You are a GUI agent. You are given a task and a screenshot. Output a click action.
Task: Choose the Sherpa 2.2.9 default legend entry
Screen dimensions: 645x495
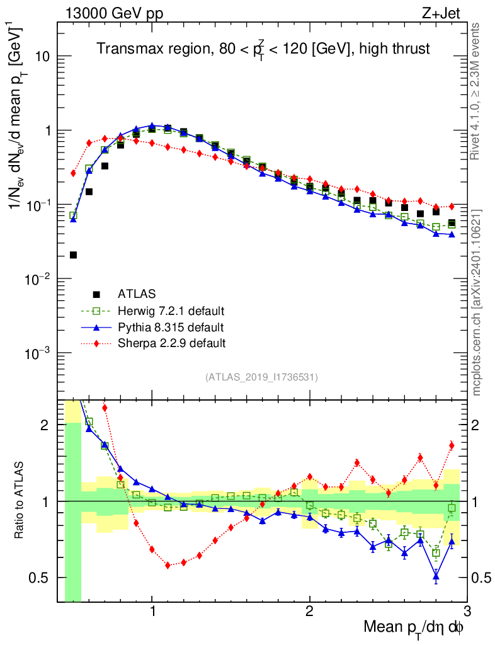coord(172,343)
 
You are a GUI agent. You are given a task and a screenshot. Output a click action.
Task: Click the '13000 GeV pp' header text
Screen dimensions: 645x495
coord(111,12)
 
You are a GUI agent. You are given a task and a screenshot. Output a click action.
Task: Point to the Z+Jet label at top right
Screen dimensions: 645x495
coord(445,12)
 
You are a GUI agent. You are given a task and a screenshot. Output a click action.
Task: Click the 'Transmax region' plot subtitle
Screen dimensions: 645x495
coord(263,49)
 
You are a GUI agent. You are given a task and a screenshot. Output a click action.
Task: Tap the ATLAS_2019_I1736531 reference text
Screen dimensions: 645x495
coord(261,377)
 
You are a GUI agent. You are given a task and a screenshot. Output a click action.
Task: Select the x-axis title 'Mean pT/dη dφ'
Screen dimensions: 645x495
coord(414,627)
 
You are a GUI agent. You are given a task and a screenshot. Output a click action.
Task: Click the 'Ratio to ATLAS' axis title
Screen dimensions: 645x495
coord(20,501)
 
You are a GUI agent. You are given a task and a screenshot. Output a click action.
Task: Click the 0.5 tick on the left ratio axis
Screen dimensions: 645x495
coord(41,578)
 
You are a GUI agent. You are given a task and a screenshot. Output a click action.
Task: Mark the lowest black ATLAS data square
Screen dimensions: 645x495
coord(73,255)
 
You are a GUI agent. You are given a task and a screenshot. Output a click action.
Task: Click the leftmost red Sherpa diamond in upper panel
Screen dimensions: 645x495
coord(73,173)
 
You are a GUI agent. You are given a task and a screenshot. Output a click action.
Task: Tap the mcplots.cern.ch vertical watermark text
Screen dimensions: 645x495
coord(477,303)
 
